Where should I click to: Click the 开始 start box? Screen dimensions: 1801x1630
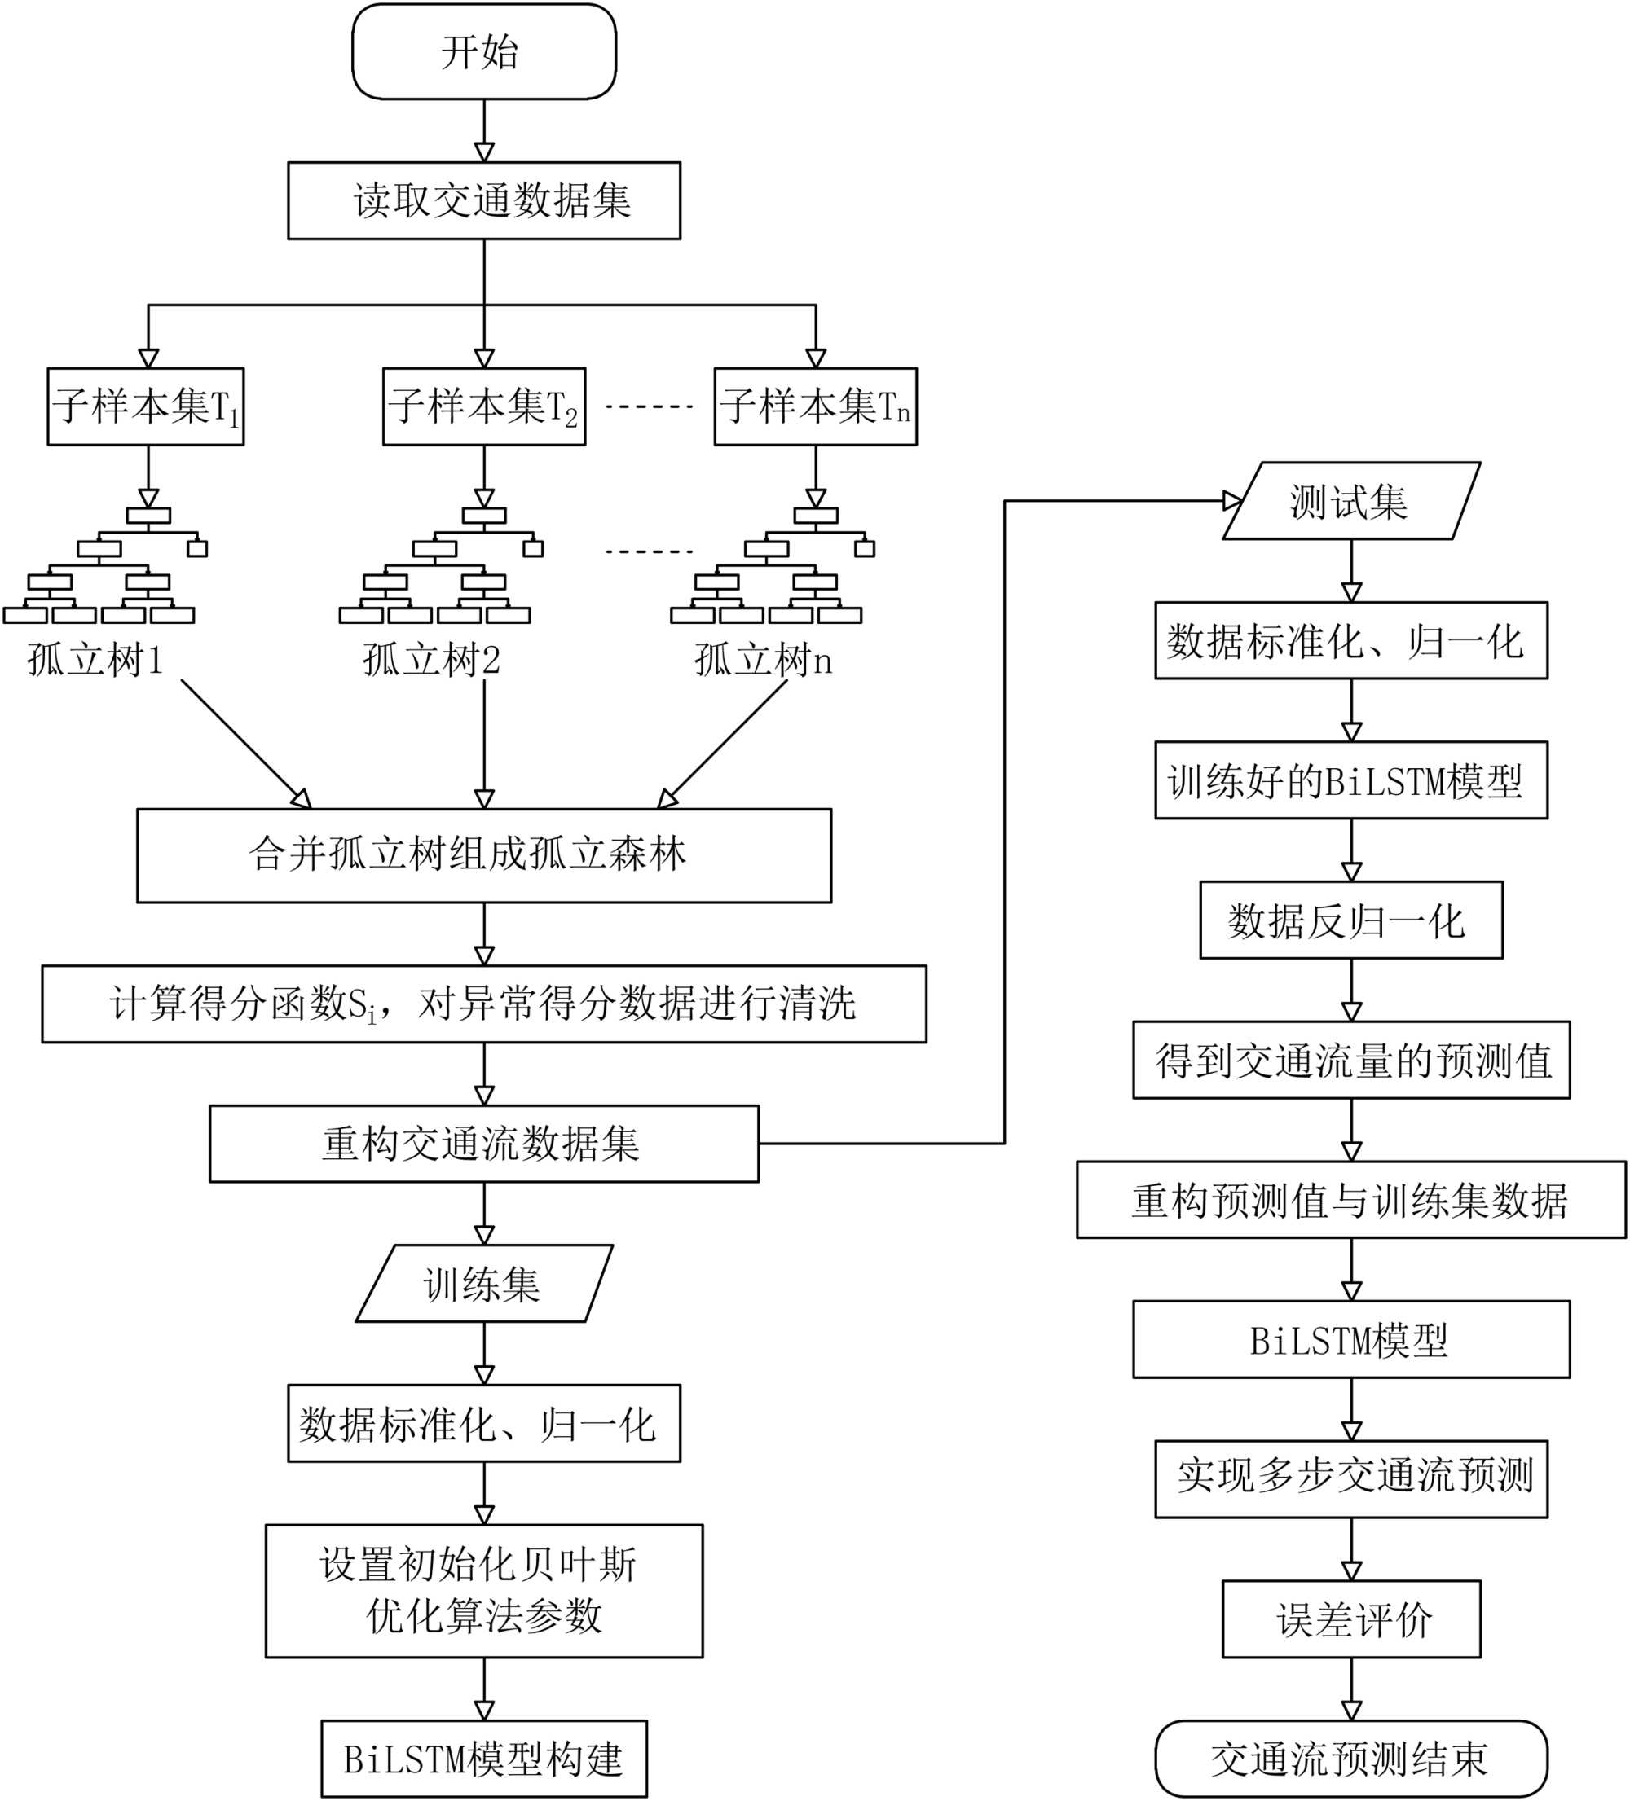tap(483, 52)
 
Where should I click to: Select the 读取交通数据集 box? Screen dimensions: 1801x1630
tap(483, 200)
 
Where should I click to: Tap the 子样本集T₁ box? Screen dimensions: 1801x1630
tap(146, 406)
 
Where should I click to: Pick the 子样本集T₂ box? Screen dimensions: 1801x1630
tap(483, 406)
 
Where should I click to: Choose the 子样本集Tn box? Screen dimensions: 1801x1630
tap(815, 406)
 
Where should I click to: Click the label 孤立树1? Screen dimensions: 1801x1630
tap(95, 660)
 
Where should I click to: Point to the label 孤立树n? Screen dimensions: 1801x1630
tap(763, 660)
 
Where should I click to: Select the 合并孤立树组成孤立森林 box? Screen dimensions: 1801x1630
tap(483, 855)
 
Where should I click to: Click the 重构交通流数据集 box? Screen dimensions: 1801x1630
tap(483, 1144)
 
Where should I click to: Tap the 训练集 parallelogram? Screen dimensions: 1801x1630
tap(483, 1284)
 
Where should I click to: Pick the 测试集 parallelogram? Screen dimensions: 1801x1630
tap(1350, 501)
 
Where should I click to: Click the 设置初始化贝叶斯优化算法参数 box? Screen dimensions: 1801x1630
tap(483, 1590)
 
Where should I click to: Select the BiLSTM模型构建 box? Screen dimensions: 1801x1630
tap(483, 1759)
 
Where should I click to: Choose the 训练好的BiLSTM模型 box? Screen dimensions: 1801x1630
tap(1350, 781)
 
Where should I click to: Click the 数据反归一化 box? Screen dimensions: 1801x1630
tap(1350, 920)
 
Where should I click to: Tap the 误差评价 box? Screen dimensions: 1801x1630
tap(1350, 1619)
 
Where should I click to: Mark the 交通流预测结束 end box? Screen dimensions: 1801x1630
tap(1350, 1759)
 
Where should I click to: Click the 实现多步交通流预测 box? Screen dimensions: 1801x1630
tap(1350, 1478)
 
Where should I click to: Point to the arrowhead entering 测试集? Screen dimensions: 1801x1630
tap(1233, 501)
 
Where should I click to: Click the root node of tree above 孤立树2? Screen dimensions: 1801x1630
tap(483, 516)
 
